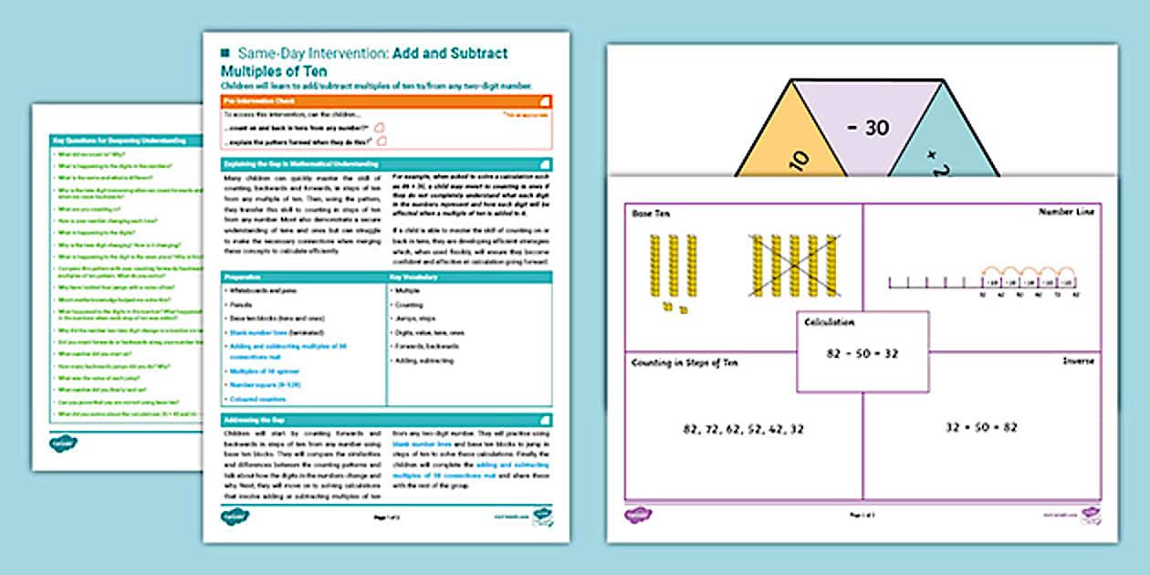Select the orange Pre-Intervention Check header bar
(x=386, y=102)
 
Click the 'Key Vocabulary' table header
(x=469, y=276)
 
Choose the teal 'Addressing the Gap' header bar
(x=386, y=419)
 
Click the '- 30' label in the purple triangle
(x=867, y=129)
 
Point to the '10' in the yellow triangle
(x=796, y=161)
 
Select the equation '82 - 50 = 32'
(x=862, y=351)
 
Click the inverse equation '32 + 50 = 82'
(x=981, y=426)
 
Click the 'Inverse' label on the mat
(x=1078, y=361)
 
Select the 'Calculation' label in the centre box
(x=830, y=321)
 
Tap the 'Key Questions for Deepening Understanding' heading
(x=119, y=141)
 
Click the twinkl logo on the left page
(x=63, y=444)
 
